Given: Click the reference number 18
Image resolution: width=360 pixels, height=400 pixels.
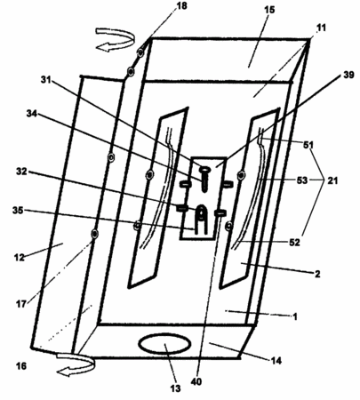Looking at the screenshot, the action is [x=182, y=5].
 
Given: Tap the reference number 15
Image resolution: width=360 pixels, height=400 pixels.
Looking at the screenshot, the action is [x=269, y=10].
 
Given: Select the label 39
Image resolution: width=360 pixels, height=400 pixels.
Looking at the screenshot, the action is [x=348, y=75].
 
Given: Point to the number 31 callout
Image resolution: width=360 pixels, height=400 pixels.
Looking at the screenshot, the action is [x=46, y=80].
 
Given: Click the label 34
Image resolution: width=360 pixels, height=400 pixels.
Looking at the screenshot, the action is [x=32, y=113].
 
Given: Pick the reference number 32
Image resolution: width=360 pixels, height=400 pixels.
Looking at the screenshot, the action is [x=21, y=172].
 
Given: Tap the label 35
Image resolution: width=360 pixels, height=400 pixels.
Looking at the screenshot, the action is [x=18, y=211].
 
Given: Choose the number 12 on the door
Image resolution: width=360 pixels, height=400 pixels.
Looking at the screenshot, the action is [x=20, y=257].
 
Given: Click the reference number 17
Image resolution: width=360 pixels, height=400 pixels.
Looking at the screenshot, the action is [x=21, y=304].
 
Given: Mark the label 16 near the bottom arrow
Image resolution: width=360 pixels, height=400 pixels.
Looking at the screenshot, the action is [x=21, y=366].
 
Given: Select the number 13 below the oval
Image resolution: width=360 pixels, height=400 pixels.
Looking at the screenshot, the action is [x=175, y=388].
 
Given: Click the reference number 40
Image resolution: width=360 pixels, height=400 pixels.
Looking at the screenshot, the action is [x=196, y=381].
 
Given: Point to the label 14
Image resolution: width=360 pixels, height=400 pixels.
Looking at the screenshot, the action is [x=276, y=361].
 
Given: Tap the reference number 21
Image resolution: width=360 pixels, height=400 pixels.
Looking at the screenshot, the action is [x=332, y=180].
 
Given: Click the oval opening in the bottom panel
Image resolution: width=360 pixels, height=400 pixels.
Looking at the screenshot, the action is [x=164, y=343].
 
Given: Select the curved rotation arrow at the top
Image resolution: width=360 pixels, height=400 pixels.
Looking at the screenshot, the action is [x=115, y=39].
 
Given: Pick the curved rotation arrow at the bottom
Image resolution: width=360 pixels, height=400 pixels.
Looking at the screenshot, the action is [x=76, y=364].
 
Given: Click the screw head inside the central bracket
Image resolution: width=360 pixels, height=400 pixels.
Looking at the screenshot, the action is [x=204, y=170].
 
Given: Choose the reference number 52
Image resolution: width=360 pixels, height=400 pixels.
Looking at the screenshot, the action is [x=294, y=243].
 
